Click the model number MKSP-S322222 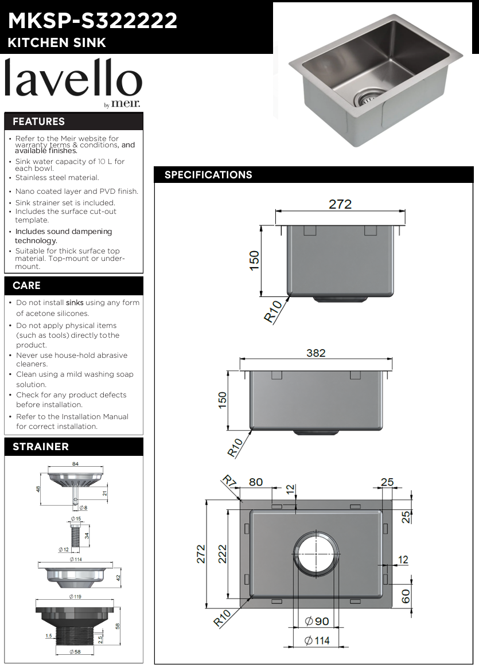point(92,21)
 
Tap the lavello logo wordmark point(73,80)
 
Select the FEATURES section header point(38,122)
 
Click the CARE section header point(26,286)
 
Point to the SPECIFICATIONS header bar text point(208,175)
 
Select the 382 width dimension point(316,353)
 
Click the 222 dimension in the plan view point(223,554)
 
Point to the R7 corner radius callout point(230,481)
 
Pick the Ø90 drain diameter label point(317,621)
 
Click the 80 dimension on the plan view point(255,482)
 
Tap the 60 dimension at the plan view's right point(406,596)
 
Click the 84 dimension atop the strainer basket point(75,463)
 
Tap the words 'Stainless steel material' point(57,178)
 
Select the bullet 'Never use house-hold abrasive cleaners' point(71,360)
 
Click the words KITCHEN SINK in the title point(57,43)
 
